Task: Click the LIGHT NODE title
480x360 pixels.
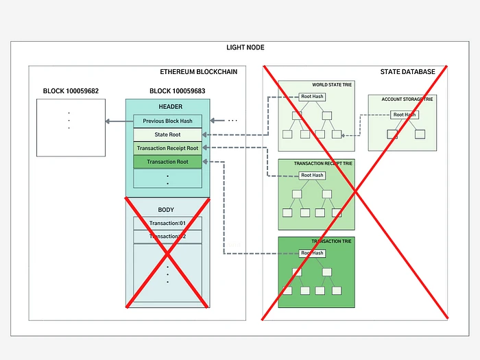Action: click(x=245, y=47)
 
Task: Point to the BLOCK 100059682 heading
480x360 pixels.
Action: click(x=71, y=91)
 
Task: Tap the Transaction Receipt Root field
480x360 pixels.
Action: click(x=167, y=148)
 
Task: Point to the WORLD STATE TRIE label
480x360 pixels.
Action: click(x=332, y=85)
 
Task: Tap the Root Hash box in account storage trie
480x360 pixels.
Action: click(x=405, y=115)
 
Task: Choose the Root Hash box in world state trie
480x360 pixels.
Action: click(x=312, y=97)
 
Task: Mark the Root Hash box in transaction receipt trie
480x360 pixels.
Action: click(x=312, y=176)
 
